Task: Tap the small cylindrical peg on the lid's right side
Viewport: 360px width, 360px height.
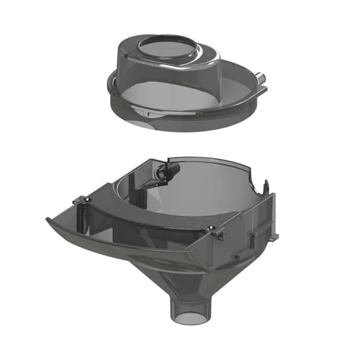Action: (260, 78)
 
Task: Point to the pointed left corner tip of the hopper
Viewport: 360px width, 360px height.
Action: (48, 219)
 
